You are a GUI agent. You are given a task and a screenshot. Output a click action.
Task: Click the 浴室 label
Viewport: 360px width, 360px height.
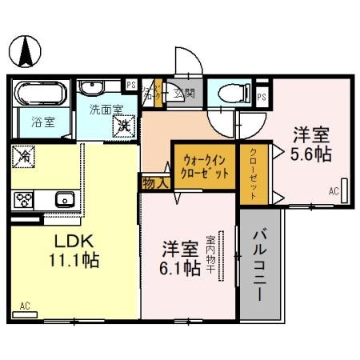tap(42, 124)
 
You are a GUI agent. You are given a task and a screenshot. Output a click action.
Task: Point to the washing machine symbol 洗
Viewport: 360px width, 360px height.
tap(124, 124)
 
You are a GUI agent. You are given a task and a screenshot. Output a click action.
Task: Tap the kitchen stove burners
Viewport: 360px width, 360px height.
tap(22, 199)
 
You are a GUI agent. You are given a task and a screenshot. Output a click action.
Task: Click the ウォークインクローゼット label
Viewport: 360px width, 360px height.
tap(206, 166)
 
